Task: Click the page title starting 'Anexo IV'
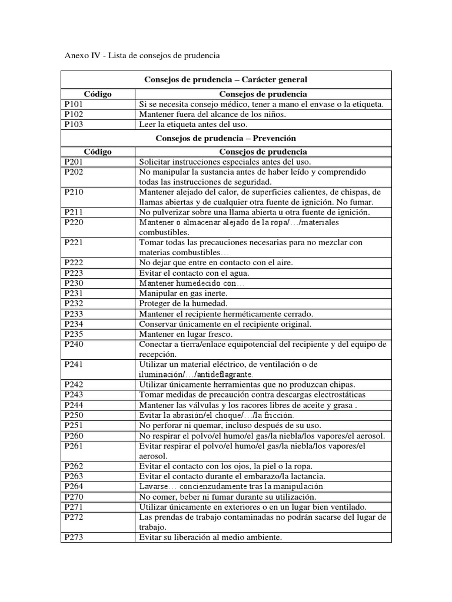(141, 56)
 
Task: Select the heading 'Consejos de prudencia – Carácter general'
(225, 79)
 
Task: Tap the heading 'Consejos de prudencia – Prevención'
(225, 138)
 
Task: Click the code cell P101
(74, 105)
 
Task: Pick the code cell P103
(74, 125)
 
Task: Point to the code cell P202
(74, 172)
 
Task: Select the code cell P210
(74, 192)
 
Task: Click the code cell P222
(74, 263)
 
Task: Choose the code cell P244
(74, 406)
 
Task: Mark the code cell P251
(74, 426)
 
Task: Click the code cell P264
(74, 487)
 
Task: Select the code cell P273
(74, 537)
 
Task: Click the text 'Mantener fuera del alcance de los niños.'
(212, 115)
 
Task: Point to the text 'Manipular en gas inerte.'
(183, 293)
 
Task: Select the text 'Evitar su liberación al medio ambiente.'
(211, 537)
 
